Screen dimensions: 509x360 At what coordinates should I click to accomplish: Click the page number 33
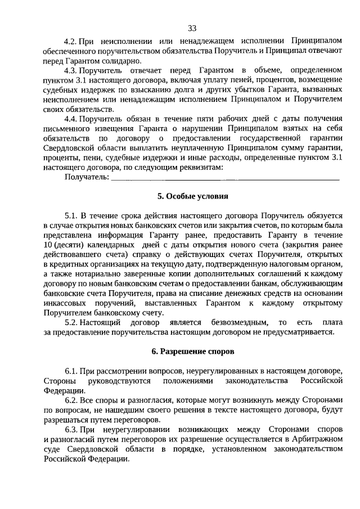point(192,29)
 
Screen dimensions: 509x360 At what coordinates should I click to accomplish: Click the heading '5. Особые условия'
point(193,196)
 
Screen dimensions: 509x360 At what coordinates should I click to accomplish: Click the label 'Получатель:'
point(87,177)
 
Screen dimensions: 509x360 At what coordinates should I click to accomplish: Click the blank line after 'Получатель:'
point(225,178)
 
